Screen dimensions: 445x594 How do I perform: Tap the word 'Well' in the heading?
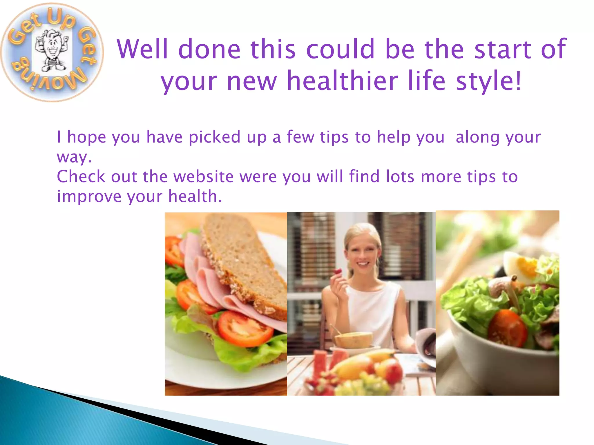tap(142, 49)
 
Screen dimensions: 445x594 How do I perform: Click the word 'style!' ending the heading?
tap(489, 81)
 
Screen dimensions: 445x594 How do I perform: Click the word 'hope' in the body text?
tap(86, 137)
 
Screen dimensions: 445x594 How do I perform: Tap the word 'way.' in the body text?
tap(74, 157)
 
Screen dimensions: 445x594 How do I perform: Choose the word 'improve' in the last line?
tap(89, 197)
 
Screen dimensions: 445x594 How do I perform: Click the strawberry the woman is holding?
tap(338, 272)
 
